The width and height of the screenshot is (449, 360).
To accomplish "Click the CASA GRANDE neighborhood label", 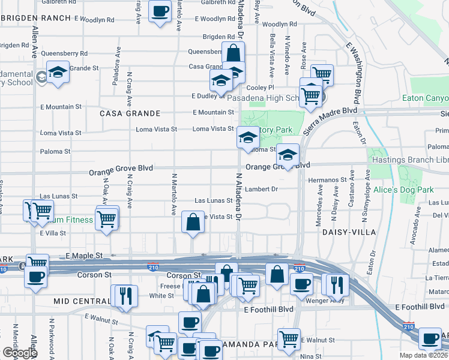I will pos(130,113).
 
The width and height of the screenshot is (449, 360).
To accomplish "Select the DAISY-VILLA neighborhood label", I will pos(349,232).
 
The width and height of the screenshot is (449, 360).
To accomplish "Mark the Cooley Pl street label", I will pos(260,87).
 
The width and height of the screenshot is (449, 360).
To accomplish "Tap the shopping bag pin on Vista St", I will pos(192,222).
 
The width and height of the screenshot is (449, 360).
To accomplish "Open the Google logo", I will pos(19,353).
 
